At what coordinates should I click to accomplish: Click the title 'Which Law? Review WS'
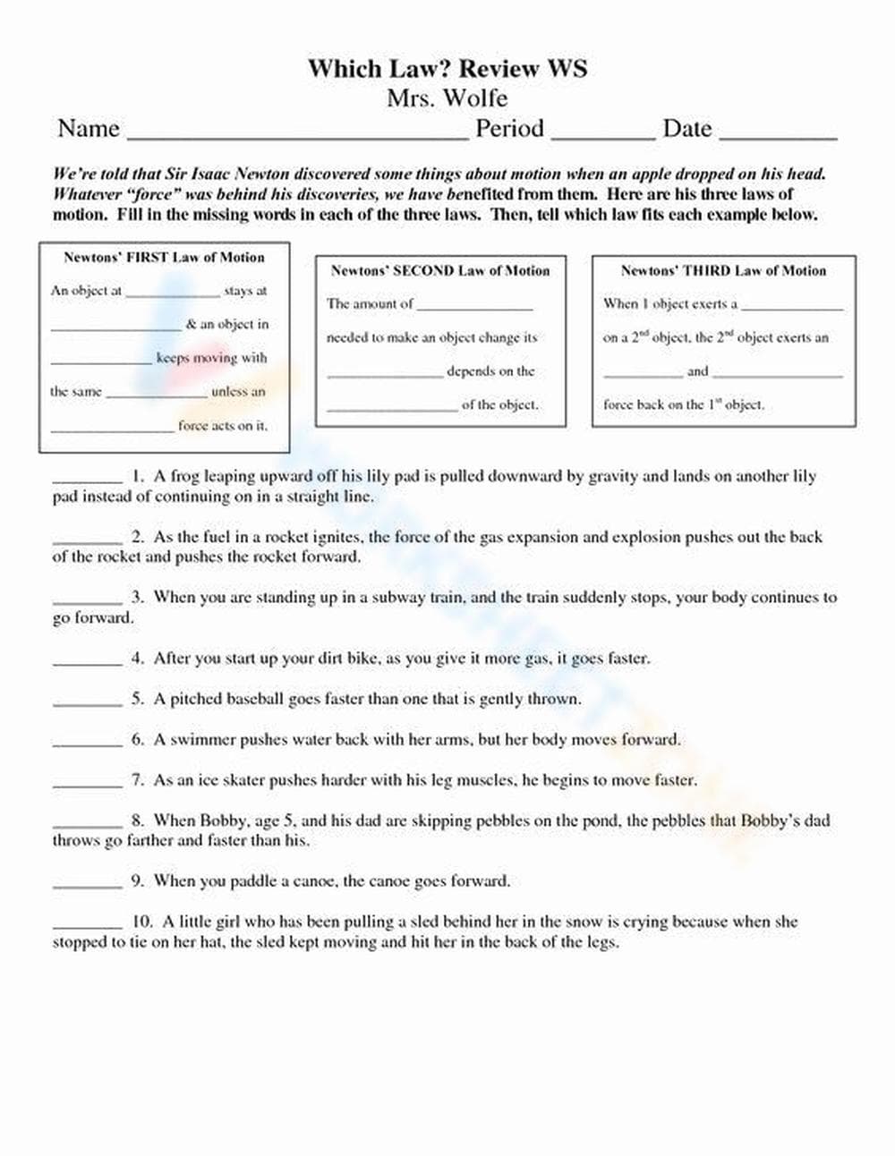447,69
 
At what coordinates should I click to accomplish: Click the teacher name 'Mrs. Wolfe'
447,98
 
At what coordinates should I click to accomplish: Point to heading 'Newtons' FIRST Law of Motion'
164,258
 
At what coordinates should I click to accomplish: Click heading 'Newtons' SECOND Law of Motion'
439,270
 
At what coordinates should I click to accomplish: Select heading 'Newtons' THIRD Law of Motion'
723,270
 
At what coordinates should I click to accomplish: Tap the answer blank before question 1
87,480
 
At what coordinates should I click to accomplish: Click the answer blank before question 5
87,703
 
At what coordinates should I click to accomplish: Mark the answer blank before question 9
87,885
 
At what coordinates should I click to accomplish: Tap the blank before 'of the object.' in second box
391,409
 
